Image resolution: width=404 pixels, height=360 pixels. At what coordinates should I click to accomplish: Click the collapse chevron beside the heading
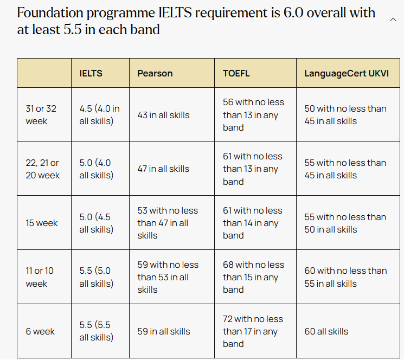coord(393,20)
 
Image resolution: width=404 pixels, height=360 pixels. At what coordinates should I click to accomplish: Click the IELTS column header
coord(91,73)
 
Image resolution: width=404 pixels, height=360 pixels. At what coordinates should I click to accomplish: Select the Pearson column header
coord(155,73)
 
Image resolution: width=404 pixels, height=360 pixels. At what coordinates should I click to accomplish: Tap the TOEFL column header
coord(236,73)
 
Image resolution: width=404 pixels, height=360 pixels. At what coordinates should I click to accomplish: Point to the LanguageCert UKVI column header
coord(347,73)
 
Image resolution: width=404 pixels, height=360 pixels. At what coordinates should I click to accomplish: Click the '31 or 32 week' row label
coord(41,114)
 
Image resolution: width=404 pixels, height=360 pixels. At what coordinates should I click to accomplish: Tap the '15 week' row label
coord(42,223)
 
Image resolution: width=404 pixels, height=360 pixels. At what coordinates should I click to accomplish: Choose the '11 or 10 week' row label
coord(40,277)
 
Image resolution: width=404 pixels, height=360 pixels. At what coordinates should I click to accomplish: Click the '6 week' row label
coord(40,331)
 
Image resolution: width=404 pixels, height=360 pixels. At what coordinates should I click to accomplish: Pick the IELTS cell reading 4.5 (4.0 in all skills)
coord(99,114)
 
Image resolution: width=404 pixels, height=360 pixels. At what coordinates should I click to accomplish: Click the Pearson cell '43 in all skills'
coord(163,114)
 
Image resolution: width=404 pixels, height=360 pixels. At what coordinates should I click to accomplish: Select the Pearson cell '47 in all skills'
coord(163,169)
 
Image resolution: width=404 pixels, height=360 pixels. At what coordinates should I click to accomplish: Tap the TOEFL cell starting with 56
coord(253,114)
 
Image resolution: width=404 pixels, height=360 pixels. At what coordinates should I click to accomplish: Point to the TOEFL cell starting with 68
coord(253,277)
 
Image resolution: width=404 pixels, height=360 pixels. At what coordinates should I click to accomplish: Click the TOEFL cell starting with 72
coord(253,331)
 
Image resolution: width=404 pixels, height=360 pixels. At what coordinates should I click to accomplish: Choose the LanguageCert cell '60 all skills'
coord(326,331)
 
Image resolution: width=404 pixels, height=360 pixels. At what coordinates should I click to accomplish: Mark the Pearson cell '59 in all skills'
coord(163,331)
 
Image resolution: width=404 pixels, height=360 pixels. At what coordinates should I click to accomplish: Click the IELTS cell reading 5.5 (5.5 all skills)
coord(97,331)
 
